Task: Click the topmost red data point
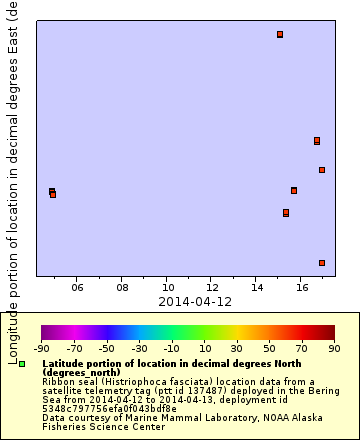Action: pyautogui.click(x=280, y=35)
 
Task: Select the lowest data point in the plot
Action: pyautogui.click(x=322, y=263)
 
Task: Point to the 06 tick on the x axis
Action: pyautogui.click(x=78, y=287)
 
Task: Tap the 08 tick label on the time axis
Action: pyautogui.click(x=122, y=287)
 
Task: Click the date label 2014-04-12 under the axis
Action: pyautogui.click(x=195, y=301)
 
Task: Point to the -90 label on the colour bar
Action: pyautogui.click(x=41, y=348)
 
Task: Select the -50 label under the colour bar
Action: pyautogui.click(x=107, y=348)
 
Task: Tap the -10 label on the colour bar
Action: pyautogui.click(x=172, y=348)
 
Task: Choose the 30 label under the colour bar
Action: pyautogui.click(x=237, y=348)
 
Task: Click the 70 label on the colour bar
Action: pyautogui.click(x=301, y=348)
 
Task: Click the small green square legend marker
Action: pyautogui.click(x=22, y=364)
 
